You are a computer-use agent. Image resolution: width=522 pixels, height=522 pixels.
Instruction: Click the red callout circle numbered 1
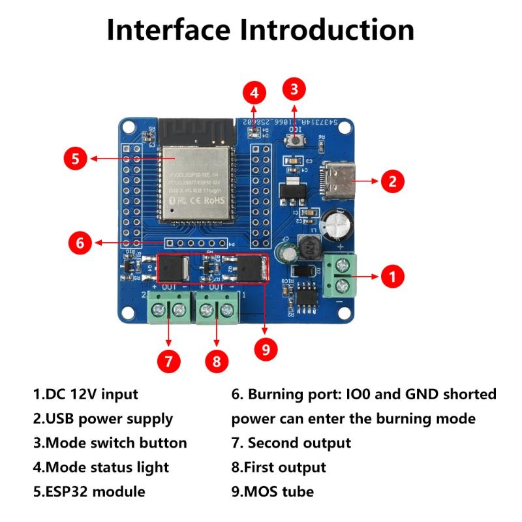391,276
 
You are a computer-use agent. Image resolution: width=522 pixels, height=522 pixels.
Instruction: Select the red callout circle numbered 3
294,89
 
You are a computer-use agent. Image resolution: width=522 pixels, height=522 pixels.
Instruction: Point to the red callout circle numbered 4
254,93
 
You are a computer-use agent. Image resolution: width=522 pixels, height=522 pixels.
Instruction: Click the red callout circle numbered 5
76,158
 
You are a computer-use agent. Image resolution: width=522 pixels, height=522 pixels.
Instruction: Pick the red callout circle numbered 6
80,243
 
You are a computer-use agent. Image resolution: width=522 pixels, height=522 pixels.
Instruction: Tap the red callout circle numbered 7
168,360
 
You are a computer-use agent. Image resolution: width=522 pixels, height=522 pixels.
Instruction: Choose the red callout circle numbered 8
217,360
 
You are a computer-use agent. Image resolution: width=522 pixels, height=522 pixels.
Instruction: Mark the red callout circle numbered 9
265,349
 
